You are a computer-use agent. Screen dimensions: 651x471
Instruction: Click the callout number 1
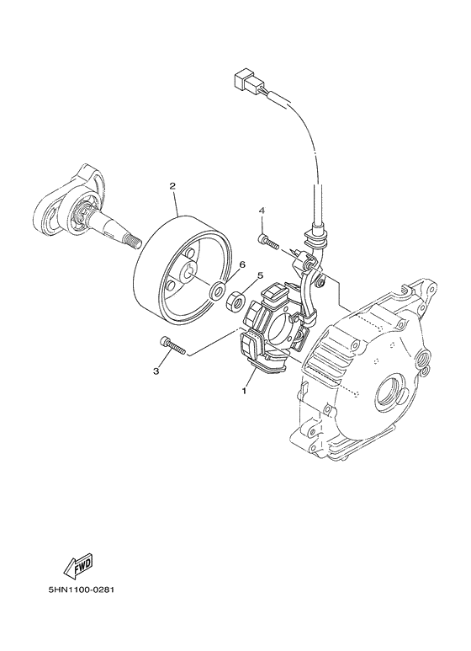pyautogui.click(x=245, y=392)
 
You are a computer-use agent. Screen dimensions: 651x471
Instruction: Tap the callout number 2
pyautogui.click(x=172, y=185)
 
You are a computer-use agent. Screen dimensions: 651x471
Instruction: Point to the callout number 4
pyautogui.click(x=262, y=210)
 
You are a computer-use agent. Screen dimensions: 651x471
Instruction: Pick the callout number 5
pyautogui.click(x=260, y=275)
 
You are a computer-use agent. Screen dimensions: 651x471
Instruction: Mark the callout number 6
pyautogui.click(x=241, y=264)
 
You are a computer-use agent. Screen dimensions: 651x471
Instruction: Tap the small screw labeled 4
pyautogui.click(x=268, y=242)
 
